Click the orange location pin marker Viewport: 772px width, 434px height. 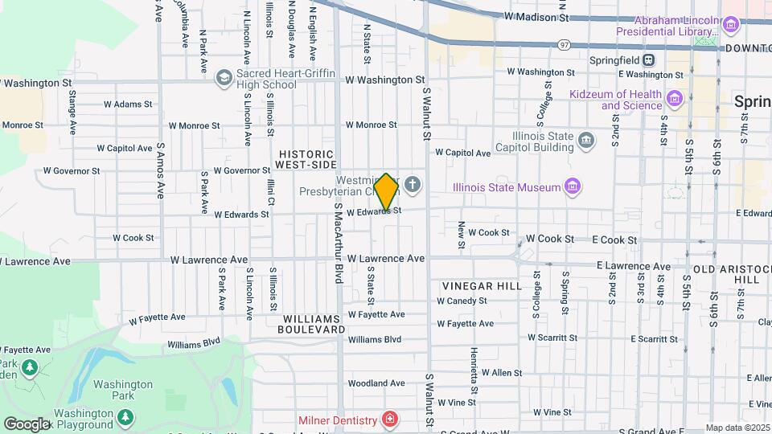[x=386, y=191]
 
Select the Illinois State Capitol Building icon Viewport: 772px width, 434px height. [x=587, y=141]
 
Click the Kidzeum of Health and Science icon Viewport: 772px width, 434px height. [x=674, y=100]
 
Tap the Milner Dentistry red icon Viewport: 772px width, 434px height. [x=389, y=420]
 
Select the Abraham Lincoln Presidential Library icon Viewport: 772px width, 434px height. [x=731, y=26]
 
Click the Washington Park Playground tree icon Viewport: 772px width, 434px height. [x=125, y=417]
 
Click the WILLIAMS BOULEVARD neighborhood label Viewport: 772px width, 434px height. [x=312, y=323]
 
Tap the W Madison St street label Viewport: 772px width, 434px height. [x=536, y=16]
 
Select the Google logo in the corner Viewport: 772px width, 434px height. [x=27, y=424]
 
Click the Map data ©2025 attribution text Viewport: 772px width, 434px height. [x=737, y=428]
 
